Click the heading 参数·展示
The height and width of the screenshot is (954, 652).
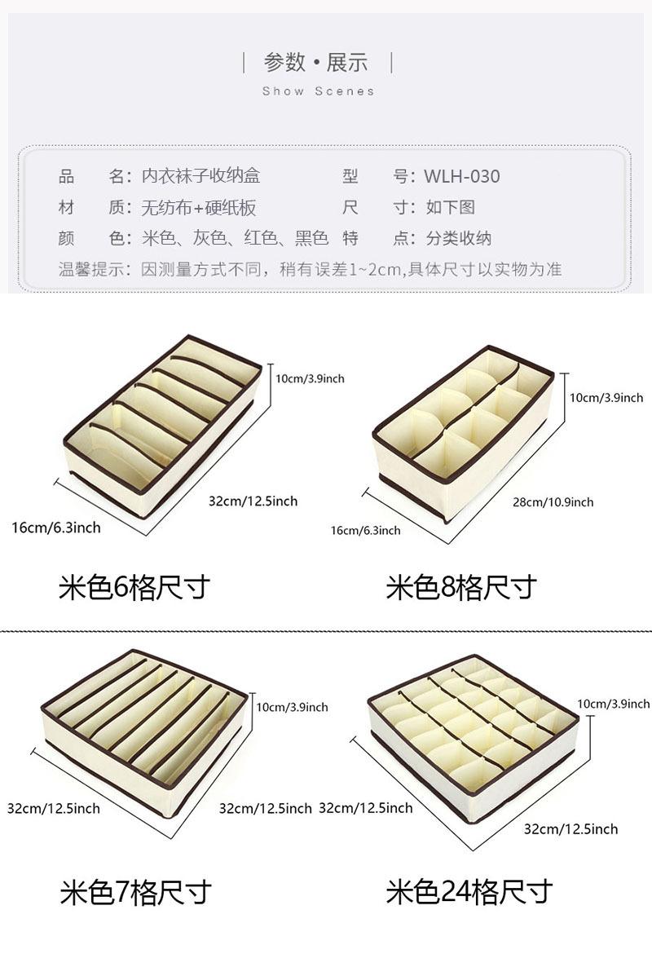[x=316, y=62]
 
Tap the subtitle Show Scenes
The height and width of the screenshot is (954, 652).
[x=318, y=91]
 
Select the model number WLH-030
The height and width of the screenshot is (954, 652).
[x=461, y=176]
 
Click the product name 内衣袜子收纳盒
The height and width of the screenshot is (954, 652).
[x=200, y=176]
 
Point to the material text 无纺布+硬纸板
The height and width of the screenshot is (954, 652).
[x=199, y=208]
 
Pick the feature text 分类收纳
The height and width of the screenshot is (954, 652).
[x=458, y=239]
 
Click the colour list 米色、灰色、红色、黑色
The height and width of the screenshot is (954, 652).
[x=235, y=239]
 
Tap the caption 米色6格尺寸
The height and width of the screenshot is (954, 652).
[x=134, y=587]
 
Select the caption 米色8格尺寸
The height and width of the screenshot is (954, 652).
[x=461, y=587]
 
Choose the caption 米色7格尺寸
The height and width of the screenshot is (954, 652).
[x=135, y=892]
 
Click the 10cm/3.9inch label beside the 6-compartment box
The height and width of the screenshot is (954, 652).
[x=310, y=378]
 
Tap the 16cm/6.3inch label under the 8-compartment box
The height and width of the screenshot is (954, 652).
[x=365, y=530]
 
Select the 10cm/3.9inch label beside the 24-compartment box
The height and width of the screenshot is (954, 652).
[x=614, y=703]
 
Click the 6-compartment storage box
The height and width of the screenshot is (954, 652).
[x=163, y=424]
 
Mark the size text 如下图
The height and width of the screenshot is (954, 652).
[x=450, y=208]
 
